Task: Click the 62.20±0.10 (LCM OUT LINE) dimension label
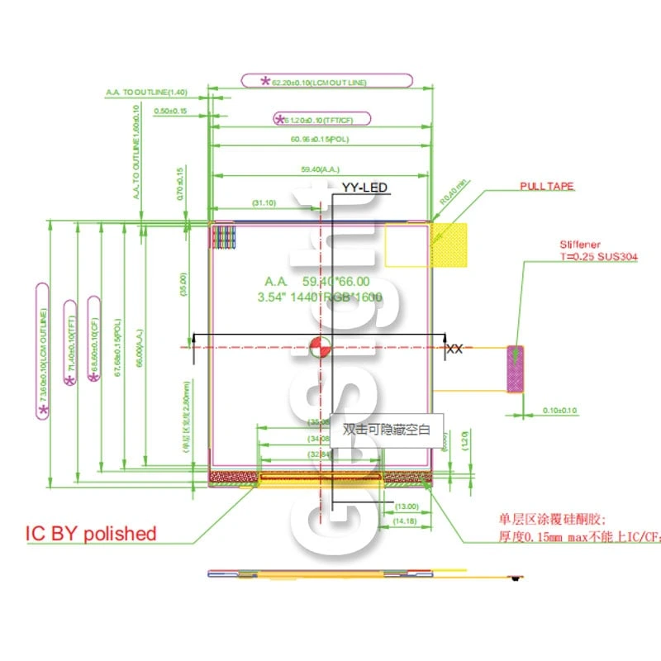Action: (326, 81)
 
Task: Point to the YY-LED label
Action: (364, 188)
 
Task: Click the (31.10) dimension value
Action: (264, 202)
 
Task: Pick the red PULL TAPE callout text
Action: (546, 187)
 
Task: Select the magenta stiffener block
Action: (515, 369)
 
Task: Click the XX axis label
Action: (454, 350)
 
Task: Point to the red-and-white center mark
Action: (320, 348)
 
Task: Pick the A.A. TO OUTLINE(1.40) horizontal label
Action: (147, 92)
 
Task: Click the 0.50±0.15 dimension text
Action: (170, 111)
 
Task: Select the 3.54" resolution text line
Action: (320, 297)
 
